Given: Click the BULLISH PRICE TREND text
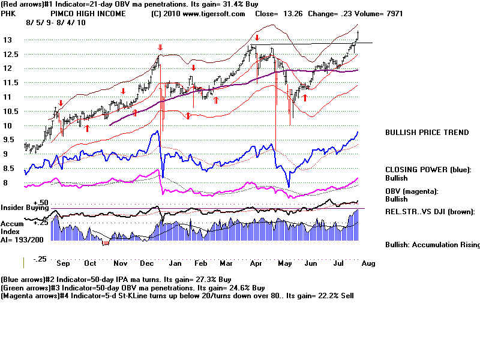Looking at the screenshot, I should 427,133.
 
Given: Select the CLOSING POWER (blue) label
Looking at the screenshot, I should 428,170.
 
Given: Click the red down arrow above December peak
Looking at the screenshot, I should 160,47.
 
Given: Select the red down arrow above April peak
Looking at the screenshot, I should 257,38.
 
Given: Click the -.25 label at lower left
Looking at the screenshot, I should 40,259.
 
